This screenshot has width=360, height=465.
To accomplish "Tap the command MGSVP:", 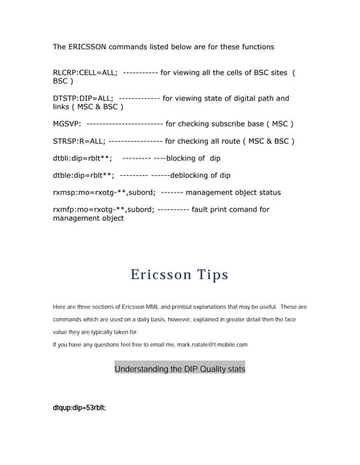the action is pyautogui.click(x=67, y=124).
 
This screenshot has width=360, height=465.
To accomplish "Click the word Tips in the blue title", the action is pyautogui.click(x=212, y=275).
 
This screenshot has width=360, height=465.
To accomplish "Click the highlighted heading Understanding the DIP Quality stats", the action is pyautogui.click(x=180, y=369).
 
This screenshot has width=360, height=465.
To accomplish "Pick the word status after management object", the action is pyautogui.click(x=266, y=193).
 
